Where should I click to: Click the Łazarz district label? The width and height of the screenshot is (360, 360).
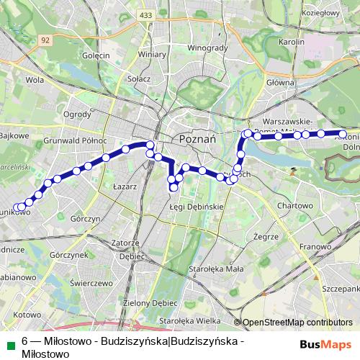[x=125, y=186]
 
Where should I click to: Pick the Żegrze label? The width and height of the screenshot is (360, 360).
[x=266, y=236]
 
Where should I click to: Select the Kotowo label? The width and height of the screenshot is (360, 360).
[x=27, y=315]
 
